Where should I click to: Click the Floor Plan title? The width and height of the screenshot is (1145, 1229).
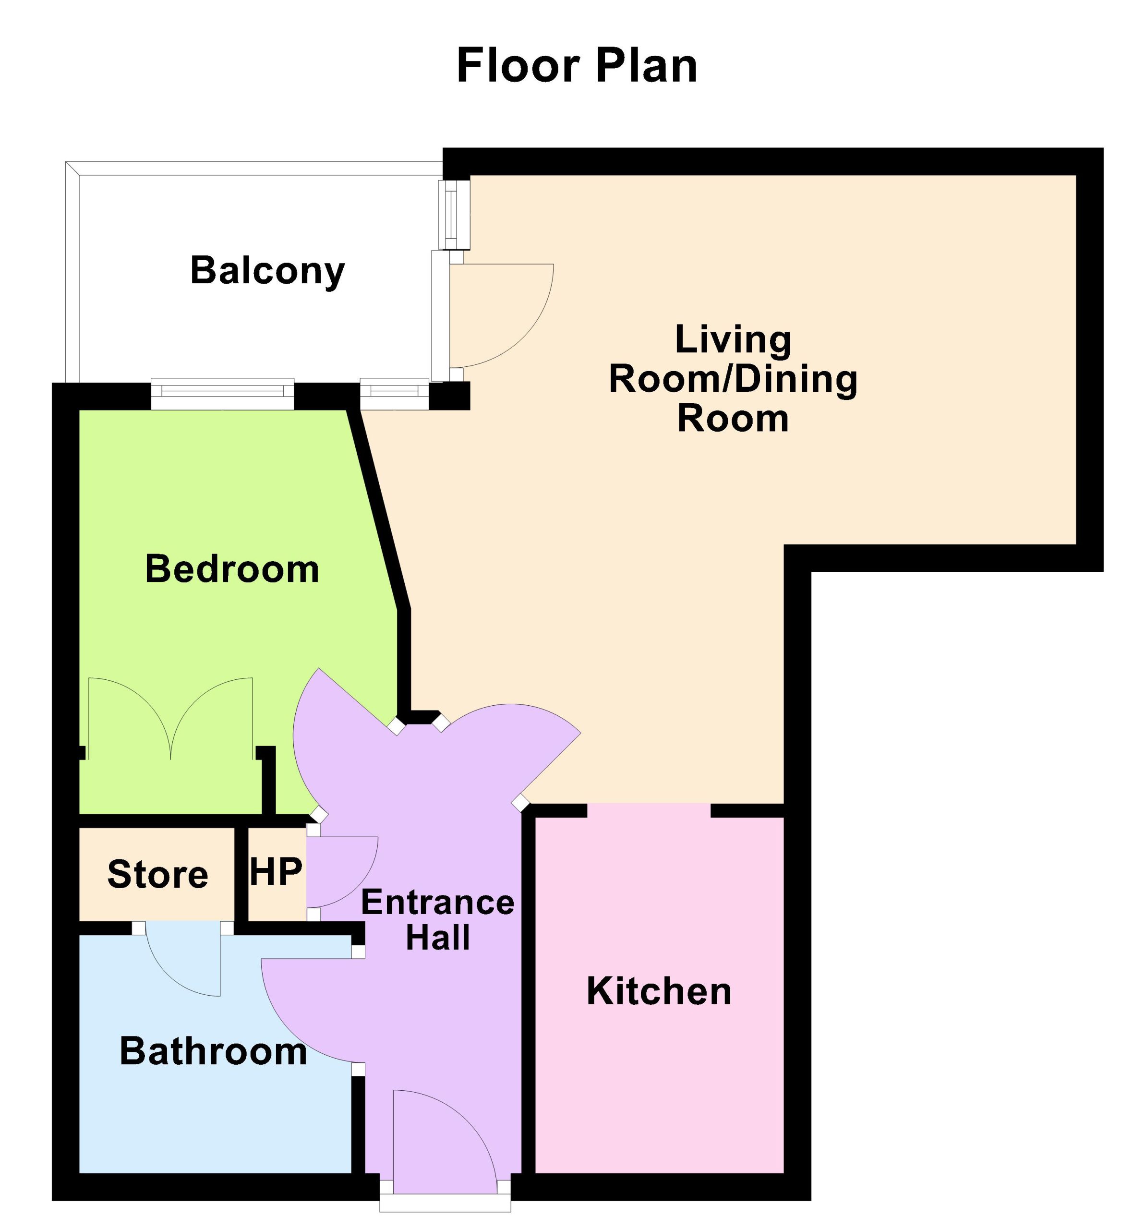tap(576, 65)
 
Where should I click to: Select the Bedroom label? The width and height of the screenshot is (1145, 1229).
tap(232, 569)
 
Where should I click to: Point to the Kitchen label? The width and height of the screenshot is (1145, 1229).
tap(659, 990)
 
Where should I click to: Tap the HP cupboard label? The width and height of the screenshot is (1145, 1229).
tap(276, 871)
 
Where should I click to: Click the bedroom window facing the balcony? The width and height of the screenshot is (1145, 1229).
tap(223, 394)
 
